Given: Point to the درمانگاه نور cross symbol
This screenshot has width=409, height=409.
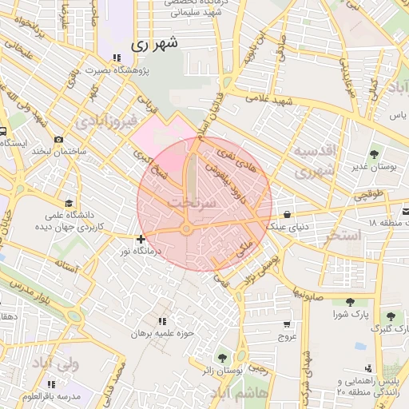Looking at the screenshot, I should pyautogui.click(x=141, y=239).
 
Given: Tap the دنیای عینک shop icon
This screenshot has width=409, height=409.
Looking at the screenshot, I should pyautogui.click(x=287, y=213).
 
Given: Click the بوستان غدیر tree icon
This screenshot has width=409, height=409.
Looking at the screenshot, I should pyautogui.click(x=374, y=153).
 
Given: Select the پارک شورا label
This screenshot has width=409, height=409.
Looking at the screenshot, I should pyautogui.click(x=350, y=314).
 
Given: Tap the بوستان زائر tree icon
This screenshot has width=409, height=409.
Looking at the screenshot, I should pyautogui.click(x=221, y=357).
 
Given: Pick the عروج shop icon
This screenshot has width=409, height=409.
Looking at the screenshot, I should pyautogui.click(x=287, y=325).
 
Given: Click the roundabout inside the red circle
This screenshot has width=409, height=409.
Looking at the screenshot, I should pyautogui.click(x=186, y=230).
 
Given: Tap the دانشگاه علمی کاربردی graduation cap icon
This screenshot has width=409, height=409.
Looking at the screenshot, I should pyautogui.click(x=69, y=204).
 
